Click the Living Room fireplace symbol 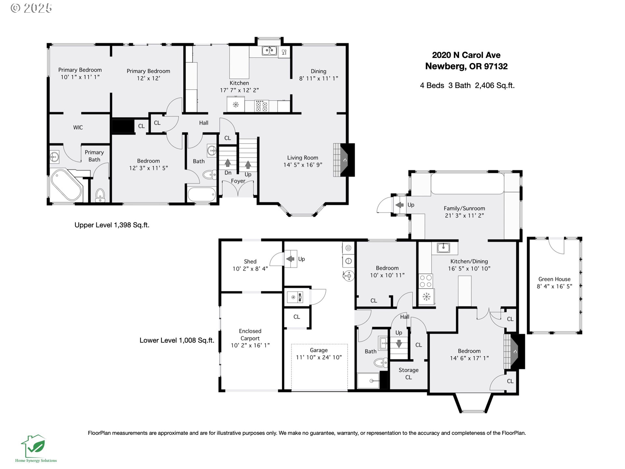click(344, 160)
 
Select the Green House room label click(554, 279)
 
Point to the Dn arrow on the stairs click(228, 163)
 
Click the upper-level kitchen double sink click(270, 51)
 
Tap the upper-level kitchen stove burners click(261, 106)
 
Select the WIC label click(78, 127)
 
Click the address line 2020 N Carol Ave click(466, 55)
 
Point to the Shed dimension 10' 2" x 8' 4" click(250, 269)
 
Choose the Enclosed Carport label click(250, 334)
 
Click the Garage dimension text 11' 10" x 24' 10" click(319, 357)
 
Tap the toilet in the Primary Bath click(100, 195)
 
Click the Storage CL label click(409, 374)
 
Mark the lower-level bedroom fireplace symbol click(514, 351)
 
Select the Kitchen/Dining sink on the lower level click(443, 248)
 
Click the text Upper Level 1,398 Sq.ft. click(112, 225)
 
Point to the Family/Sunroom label click(464, 208)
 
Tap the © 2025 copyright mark click(31, 8)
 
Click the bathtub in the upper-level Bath click(202, 194)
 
